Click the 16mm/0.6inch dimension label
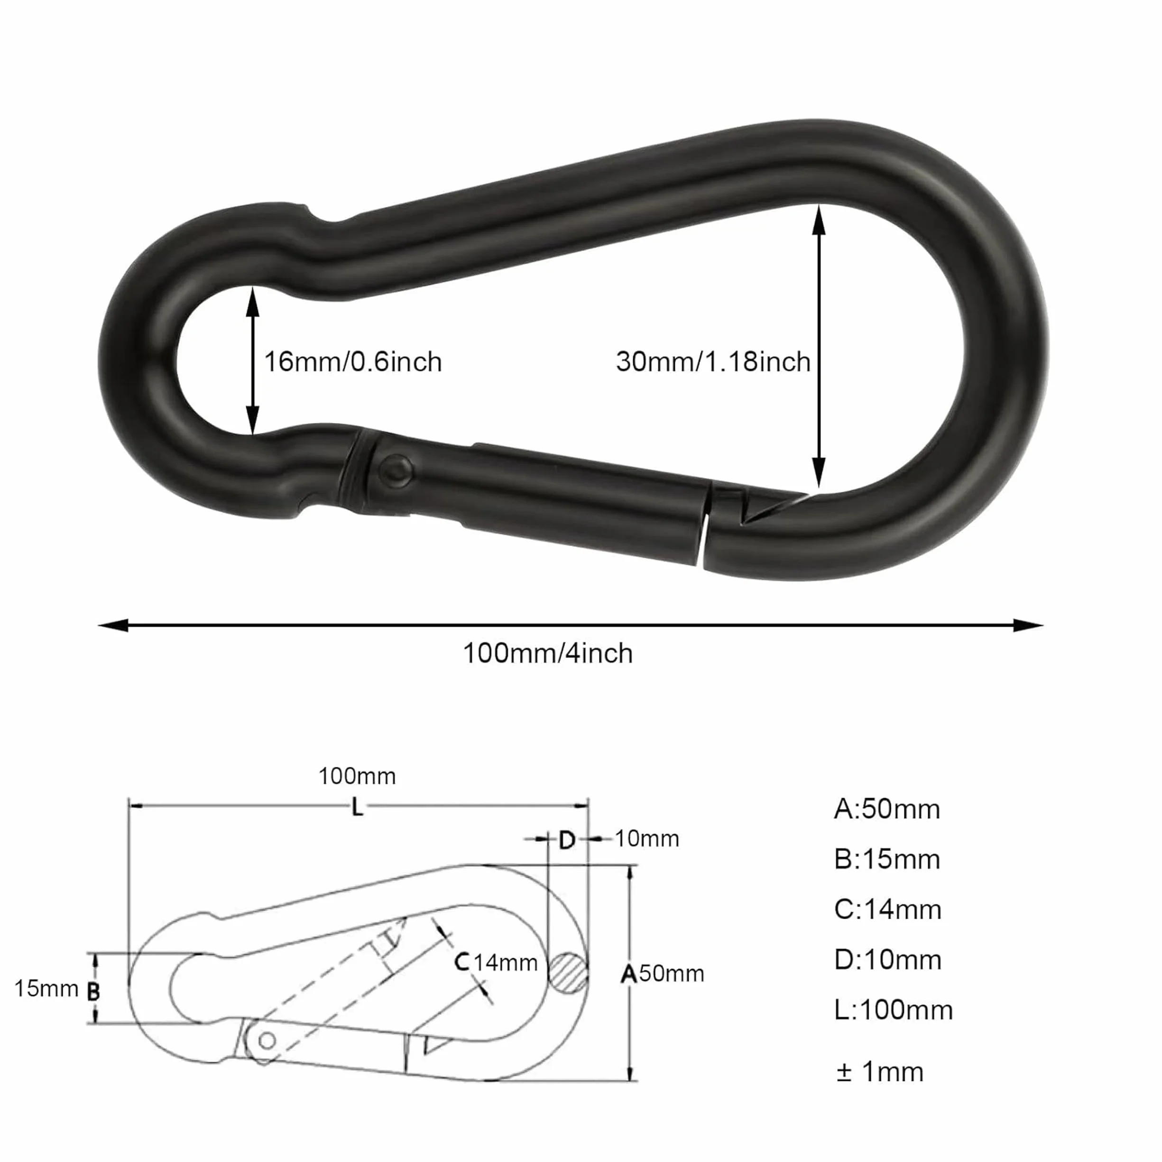pos(353,362)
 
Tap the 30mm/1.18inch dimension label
pos(713,362)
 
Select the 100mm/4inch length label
pos(548,653)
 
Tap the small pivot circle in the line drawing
pos(267,1040)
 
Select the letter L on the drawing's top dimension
pos(357,808)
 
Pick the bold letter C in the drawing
pos(462,962)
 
